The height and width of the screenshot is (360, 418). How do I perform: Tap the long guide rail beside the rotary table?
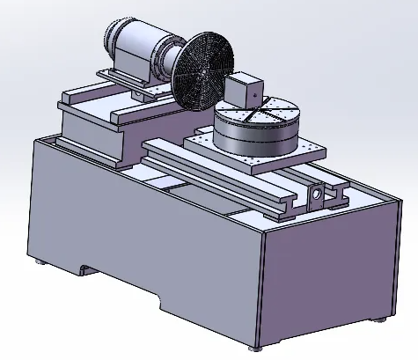click(220, 180)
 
